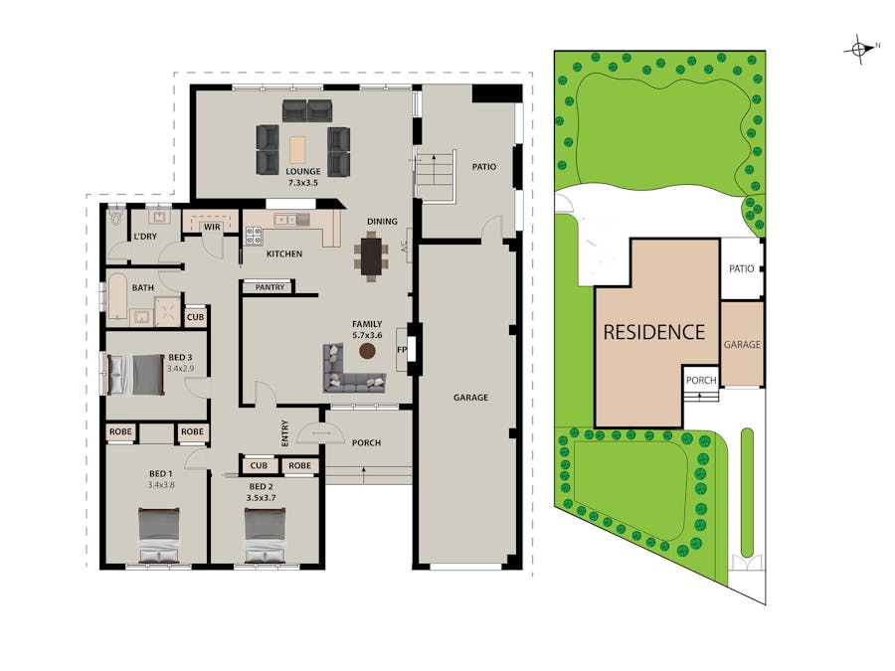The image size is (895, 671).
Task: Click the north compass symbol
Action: [858, 48]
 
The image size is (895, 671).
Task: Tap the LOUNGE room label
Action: [304, 171]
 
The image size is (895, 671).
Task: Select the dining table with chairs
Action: [371, 255]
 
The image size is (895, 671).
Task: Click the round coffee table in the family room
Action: [367, 351]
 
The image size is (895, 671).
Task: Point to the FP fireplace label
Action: [402, 350]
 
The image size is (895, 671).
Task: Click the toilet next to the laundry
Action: [117, 216]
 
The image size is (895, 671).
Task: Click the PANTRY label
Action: [269, 287]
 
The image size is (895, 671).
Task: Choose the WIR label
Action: [212, 227]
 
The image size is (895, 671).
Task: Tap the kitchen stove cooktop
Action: [253, 236]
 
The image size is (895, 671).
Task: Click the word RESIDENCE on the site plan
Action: [653, 332]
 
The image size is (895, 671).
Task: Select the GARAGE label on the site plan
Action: [742, 344]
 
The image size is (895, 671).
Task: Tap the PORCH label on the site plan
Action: [701, 380]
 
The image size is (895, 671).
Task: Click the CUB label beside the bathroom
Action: [195, 317]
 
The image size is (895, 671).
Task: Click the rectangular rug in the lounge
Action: [297, 149]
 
